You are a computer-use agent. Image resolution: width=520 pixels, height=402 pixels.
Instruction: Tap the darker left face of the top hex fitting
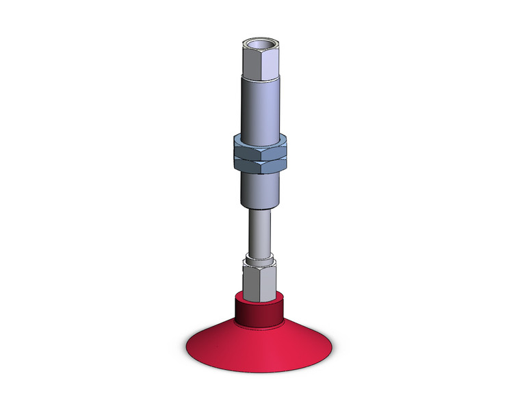point(250,65)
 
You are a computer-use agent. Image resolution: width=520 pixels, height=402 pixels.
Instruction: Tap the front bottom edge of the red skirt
point(259,375)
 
